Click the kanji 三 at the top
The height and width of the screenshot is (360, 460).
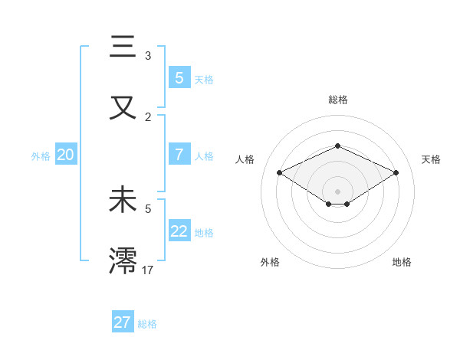(x=123, y=47)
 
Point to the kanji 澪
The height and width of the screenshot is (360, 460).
(x=123, y=260)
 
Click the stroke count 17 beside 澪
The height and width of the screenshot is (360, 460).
(x=149, y=269)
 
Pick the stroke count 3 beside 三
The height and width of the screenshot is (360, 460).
(x=148, y=56)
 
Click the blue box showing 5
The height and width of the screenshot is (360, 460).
(x=179, y=77)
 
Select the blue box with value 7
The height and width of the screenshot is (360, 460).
(x=179, y=155)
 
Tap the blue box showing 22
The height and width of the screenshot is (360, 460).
(x=179, y=231)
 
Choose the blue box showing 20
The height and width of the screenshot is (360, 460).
(x=65, y=155)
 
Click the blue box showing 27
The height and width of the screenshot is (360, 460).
(x=122, y=322)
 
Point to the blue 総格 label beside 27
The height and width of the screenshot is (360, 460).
(x=148, y=324)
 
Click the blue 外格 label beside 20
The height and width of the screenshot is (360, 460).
(x=41, y=156)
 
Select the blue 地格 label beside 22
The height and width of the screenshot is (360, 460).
(x=204, y=233)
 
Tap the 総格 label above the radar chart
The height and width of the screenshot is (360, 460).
(x=337, y=100)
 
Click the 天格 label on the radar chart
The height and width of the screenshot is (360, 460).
(x=431, y=159)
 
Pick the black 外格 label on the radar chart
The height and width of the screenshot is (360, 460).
(x=270, y=262)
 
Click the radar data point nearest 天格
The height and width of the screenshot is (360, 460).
(x=396, y=173)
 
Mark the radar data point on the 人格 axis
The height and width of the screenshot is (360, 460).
(x=280, y=173)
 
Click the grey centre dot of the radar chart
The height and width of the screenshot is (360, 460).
(x=337, y=191)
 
